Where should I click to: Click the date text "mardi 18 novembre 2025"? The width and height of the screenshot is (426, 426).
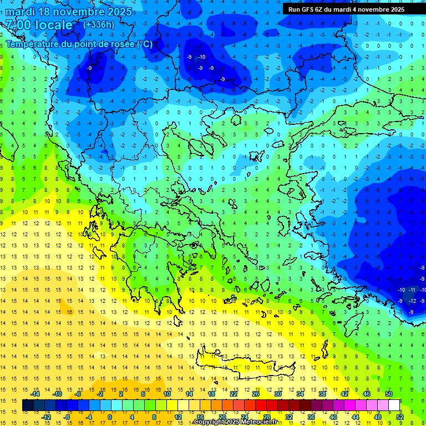(x=69, y=12)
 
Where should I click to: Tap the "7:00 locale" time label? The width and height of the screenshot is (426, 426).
(x=39, y=25)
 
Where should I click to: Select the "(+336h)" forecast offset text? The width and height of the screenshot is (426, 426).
(x=99, y=24)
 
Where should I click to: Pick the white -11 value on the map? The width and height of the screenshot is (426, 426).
(x=412, y=290)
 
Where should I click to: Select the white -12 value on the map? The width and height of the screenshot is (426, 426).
(x=412, y=301)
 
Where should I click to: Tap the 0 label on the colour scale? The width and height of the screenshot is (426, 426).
(x=110, y=417)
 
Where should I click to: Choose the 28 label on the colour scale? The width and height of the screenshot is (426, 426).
(x=266, y=417)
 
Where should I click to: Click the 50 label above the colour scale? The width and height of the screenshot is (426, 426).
(x=388, y=394)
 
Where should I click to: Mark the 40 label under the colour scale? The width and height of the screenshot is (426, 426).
(x=333, y=417)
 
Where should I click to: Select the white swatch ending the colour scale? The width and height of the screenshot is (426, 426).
(x=394, y=405)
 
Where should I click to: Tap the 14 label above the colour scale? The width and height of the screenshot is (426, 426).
(x=189, y=394)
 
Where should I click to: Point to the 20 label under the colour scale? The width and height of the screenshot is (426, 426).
(x=222, y=417)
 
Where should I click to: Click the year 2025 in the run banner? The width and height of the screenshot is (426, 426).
(x=395, y=9)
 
